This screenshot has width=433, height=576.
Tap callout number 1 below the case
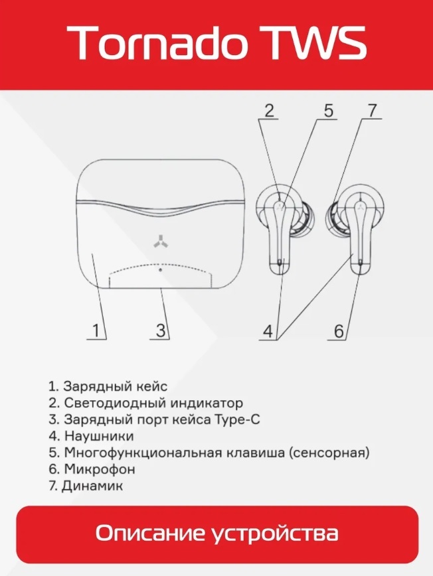[x=96, y=330]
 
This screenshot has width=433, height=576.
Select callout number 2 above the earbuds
[x=270, y=110]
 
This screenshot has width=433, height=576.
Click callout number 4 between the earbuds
[x=268, y=331]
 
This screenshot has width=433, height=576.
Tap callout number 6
[x=339, y=331]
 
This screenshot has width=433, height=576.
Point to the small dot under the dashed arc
[x=160, y=270]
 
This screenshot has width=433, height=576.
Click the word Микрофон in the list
[x=100, y=469]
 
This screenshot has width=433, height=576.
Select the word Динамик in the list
[x=92, y=486]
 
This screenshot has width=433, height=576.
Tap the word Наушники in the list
[x=99, y=436]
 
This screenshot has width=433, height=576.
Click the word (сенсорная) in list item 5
[x=329, y=453]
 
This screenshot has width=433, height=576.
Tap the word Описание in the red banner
[x=150, y=533]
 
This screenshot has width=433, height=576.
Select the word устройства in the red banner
[x=276, y=534]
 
